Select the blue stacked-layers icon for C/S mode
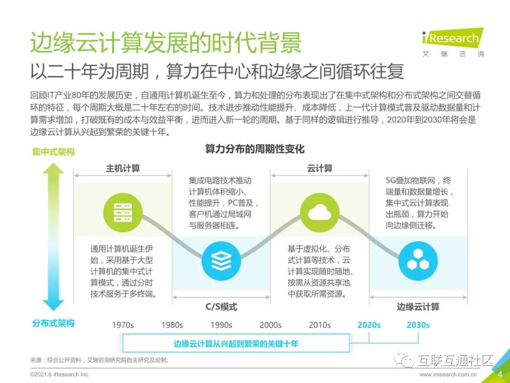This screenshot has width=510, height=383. point(221,259)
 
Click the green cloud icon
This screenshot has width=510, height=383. point(320,214)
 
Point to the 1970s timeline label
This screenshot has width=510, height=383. point(123,325)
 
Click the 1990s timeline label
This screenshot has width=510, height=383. point(221,325)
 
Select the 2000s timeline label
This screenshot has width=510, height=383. point(271,325)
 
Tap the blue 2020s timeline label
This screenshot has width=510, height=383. point(369,325)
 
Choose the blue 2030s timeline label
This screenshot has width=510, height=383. point(418,325)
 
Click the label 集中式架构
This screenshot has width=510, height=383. point(53,152)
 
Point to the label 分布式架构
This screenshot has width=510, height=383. point(53,323)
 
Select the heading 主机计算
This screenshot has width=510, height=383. point(123,168)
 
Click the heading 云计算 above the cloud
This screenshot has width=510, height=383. point(320,168)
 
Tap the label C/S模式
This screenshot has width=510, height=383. point(221,306)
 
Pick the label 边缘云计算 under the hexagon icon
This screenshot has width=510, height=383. point(418,306)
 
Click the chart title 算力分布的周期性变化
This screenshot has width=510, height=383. point(255,149)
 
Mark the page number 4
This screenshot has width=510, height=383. point(500,374)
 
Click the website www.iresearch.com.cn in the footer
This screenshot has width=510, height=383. point(448,374)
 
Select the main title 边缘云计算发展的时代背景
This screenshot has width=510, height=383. point(166,43)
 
